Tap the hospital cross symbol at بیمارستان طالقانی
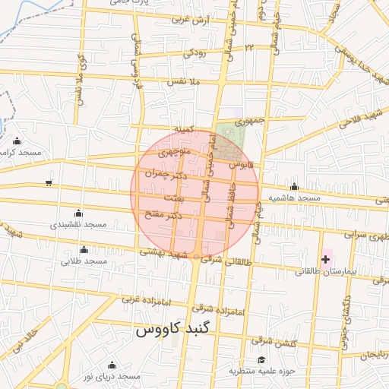(x=326, y=259)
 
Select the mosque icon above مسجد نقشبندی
(x=78, y=213)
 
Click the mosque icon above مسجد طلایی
(x=84, y=249)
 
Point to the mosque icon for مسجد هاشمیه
(x=295, y=186)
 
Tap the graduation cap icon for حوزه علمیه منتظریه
(x=262, y=359)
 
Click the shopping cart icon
(x=49, y=182)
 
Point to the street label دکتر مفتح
(x=164, y=216)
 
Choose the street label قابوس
(x=239, y=164)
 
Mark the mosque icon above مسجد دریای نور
(x=112, y=365)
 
